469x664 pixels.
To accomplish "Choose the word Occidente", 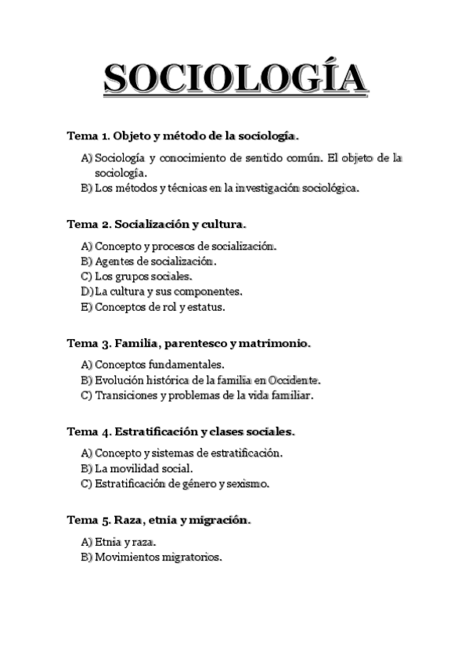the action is (x=293, y=380).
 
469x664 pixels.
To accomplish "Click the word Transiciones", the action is (x=128, y=395).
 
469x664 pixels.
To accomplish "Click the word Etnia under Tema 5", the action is (x=106, y=542).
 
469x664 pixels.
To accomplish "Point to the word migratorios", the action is (x=192, y=558).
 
